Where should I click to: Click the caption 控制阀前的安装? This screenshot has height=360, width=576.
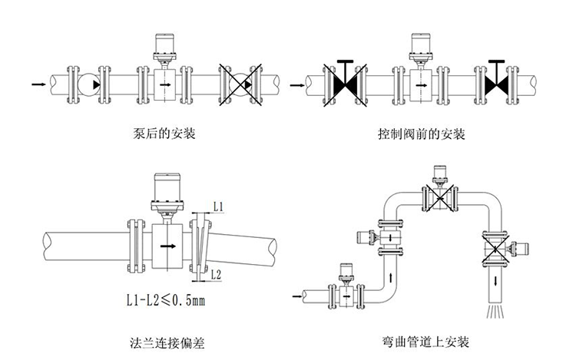coord(422,134)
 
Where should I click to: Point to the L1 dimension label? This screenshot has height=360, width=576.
coord(217,206)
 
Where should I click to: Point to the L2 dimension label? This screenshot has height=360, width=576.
coord(217,274)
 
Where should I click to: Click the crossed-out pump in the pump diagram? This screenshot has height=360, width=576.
coord(238,82)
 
